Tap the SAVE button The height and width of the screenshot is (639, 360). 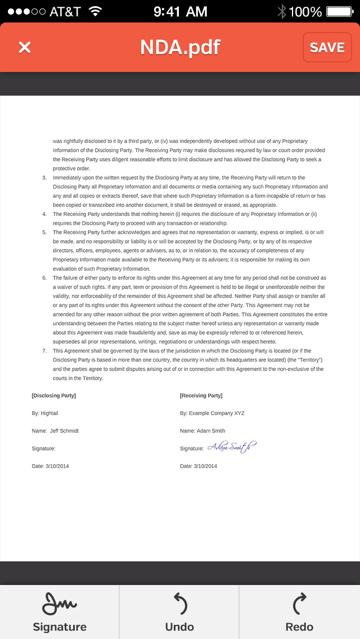(327, 47)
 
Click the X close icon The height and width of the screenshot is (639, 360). (25, 47)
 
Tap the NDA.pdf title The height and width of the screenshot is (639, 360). (180, 47)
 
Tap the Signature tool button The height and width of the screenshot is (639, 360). (60, 611)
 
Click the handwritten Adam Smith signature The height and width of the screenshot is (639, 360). (232, 447)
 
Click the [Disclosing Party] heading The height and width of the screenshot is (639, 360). (54, 395)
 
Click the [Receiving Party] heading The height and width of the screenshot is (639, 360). (201, 395)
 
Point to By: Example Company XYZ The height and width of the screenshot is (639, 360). (212, 413)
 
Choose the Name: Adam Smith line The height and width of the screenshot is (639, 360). (202, 431)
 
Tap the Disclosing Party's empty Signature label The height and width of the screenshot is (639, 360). (43, 448)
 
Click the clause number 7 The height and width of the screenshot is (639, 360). (44, 350)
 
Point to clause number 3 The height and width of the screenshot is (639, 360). (44, 177)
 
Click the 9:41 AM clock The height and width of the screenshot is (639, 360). (180, 11)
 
